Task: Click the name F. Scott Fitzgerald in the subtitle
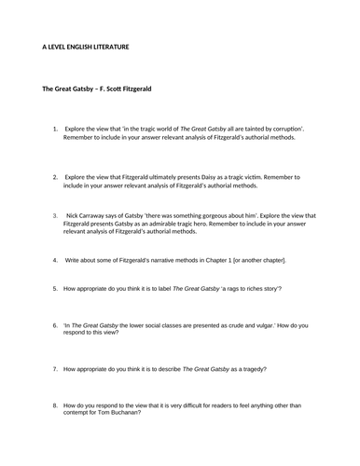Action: point(125,89)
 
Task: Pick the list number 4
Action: point(56,259)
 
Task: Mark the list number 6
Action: point(56,325)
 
